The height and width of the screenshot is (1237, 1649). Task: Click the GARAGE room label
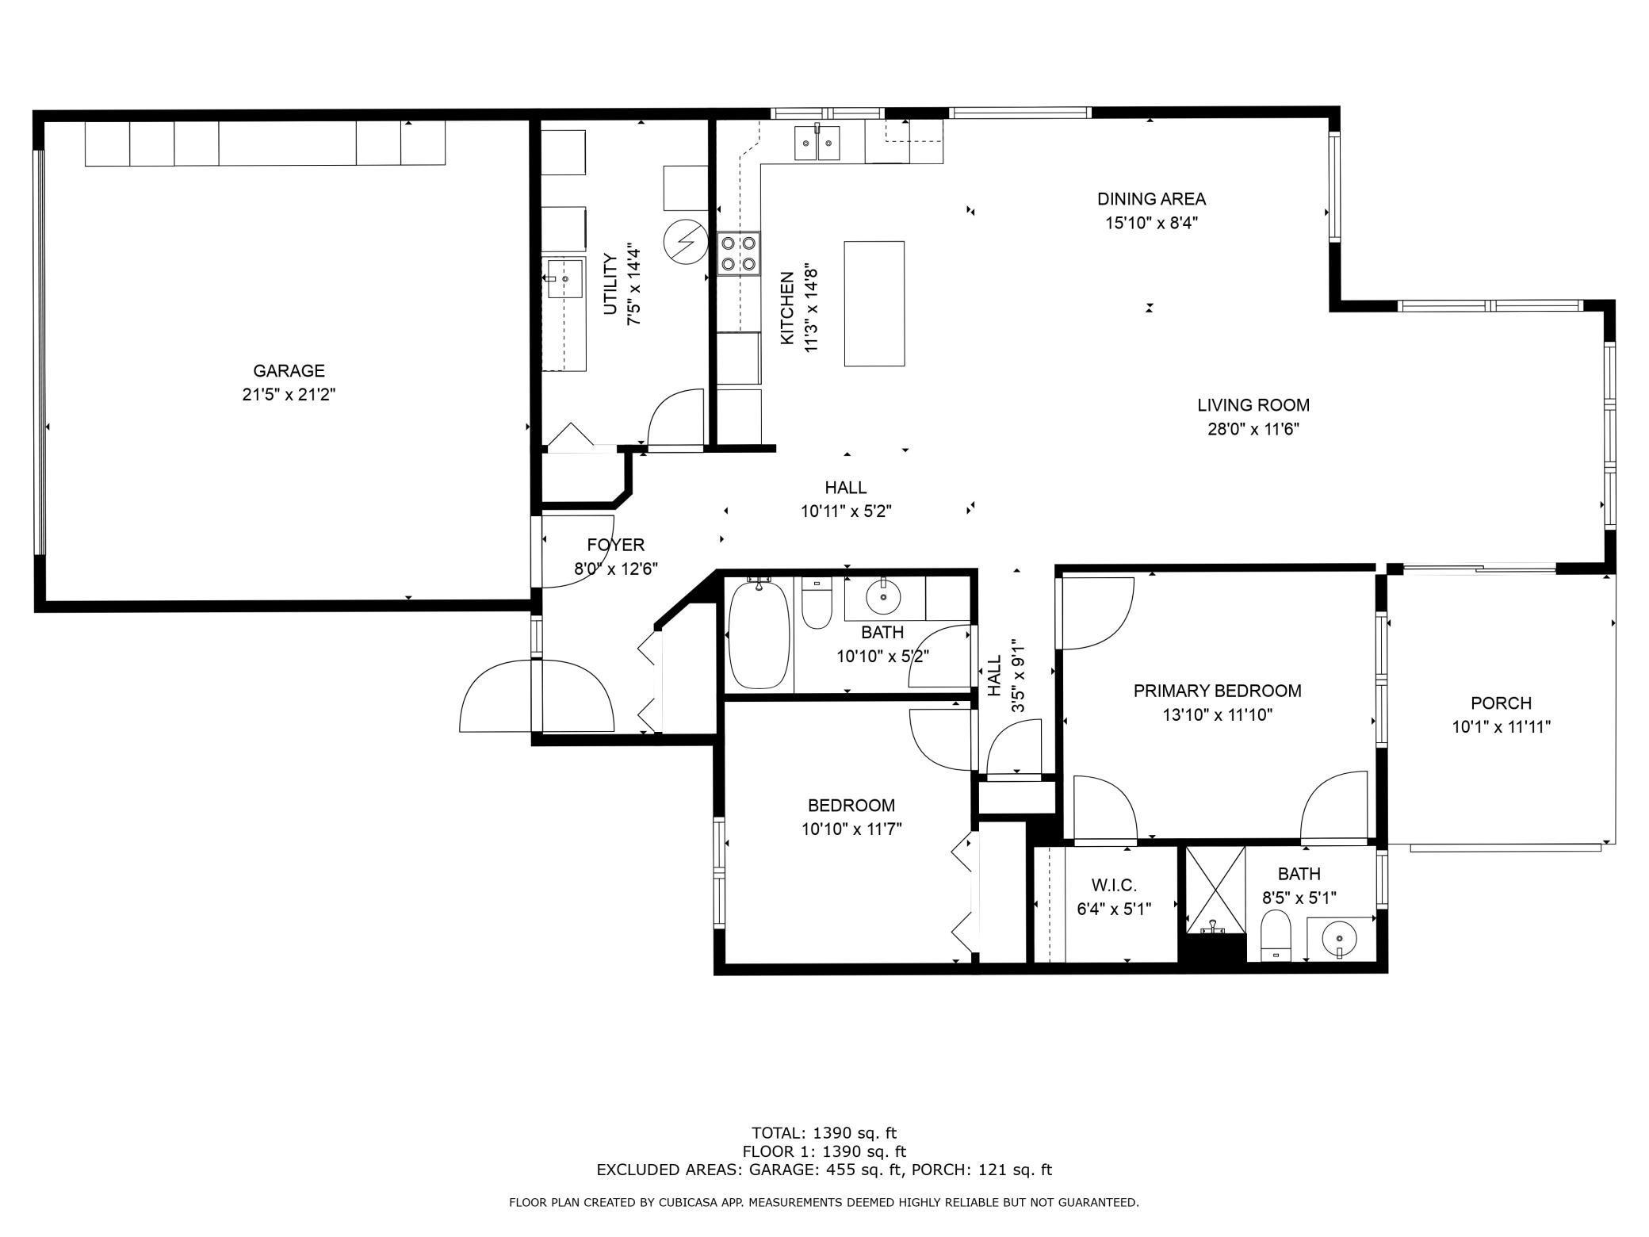289,370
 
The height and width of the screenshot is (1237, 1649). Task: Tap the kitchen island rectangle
874,304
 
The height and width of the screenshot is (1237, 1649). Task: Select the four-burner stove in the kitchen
738,253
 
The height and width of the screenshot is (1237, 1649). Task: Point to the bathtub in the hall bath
759,634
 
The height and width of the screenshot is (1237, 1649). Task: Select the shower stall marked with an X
1215,889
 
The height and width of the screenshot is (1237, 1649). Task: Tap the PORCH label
1501,703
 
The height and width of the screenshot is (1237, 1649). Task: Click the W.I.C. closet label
1113,885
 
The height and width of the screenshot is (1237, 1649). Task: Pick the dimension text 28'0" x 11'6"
1253,430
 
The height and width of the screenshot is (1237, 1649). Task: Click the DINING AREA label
1151,199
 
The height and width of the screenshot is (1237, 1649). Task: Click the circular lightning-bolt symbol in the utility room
683,241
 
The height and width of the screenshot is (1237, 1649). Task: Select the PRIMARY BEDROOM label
1217,691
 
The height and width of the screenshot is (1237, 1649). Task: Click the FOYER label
615,545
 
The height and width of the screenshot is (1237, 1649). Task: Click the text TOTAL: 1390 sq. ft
823,1132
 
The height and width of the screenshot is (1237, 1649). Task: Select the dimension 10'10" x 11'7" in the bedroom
851,829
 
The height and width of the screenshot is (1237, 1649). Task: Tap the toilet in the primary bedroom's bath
1275,934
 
